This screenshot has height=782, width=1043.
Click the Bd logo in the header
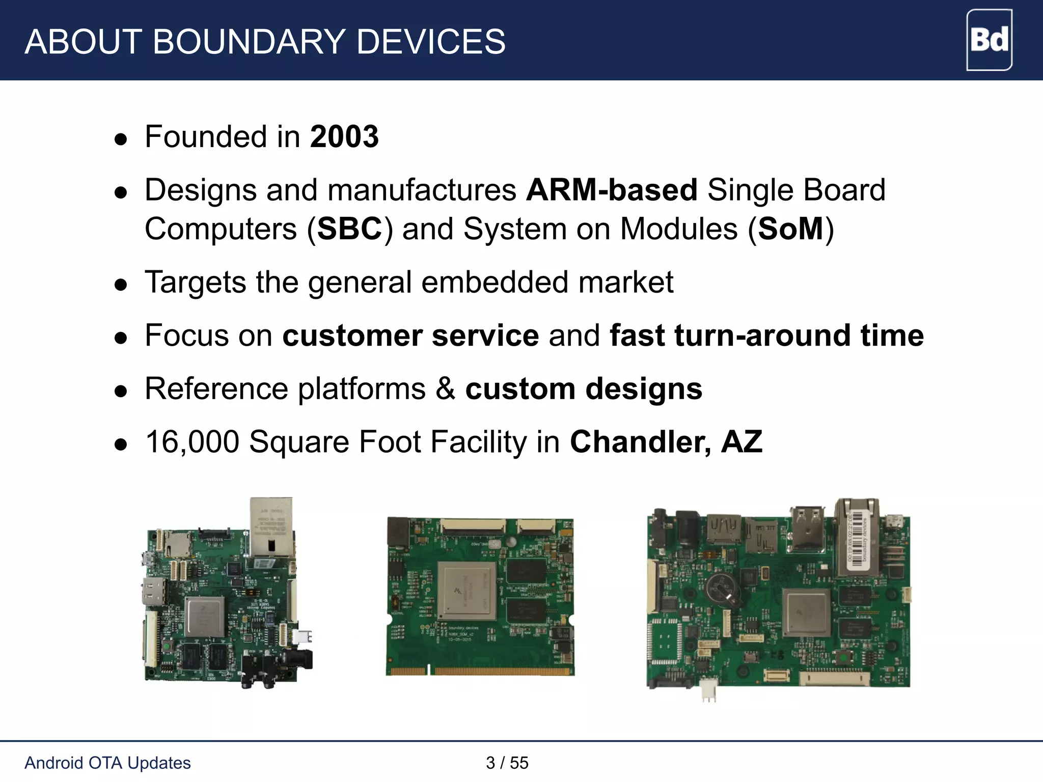[x=989, y=40]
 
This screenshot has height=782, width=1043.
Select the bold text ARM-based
[x=611, y=190]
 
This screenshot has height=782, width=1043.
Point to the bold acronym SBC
[x=349, y=229]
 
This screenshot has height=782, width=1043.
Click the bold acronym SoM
[x=790, y=229]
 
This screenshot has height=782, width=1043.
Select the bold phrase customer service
[x=410, y=336]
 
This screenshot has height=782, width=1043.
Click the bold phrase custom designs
[x=584, y=389]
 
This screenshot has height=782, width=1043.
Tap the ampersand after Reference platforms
[x=446, y=389]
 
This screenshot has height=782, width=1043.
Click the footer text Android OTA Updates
[x=107, y=763]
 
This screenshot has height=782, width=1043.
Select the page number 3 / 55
[x=507, y=763]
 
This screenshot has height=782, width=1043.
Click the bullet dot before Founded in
[x=121, y=139]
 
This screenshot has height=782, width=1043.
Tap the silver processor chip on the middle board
[x=466, y=591]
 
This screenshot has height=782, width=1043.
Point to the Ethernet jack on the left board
[x=271, y=527]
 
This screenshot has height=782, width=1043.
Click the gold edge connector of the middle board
[x=479, y=671]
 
